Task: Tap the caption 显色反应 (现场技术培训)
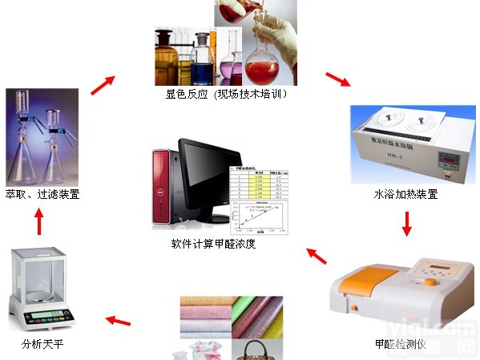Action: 227,94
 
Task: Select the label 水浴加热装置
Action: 405,194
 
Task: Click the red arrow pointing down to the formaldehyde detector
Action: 406,224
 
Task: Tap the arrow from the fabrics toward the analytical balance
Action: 118,322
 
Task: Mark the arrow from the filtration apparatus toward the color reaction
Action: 103,83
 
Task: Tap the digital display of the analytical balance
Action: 53,311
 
